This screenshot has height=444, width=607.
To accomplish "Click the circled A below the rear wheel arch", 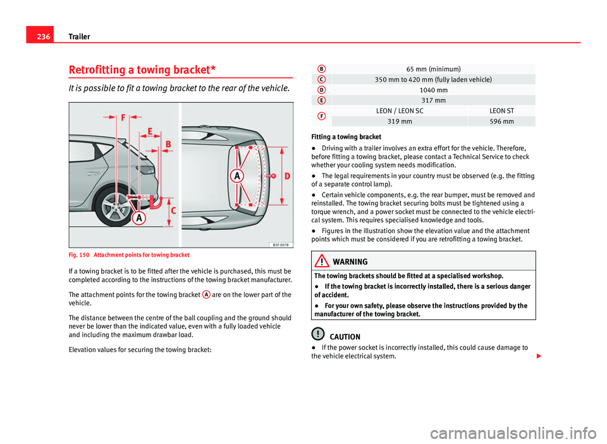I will [137, 218].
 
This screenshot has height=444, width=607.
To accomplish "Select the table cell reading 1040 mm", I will [433, 90].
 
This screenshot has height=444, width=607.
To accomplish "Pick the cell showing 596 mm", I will [501, 121].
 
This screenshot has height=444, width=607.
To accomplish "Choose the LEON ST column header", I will [501, 111].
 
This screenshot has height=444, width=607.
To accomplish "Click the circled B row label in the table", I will [322, 68].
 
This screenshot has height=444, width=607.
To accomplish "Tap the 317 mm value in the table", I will [433, 100].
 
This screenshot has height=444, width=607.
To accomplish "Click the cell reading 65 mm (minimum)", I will [433, 68].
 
